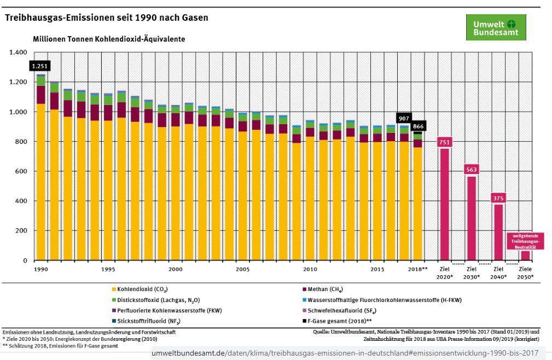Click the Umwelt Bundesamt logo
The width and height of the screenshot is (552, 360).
[496, 27]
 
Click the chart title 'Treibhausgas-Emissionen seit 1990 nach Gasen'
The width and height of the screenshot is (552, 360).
[107, 18]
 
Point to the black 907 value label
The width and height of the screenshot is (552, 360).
[404, 118]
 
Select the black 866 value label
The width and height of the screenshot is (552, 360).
[417, 126]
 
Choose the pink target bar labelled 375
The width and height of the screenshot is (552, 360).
[498, 230]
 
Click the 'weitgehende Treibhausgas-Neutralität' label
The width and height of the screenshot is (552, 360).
[526, 241]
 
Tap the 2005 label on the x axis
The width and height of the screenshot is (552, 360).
[243, 269]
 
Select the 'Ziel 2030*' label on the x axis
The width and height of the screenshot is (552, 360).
[472, 272]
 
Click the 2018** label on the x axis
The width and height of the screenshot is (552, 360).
[418, 269]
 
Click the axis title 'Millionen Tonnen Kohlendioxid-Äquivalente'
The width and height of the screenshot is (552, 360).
[109, 39]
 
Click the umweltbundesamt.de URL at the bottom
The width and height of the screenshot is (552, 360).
[345, 353]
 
